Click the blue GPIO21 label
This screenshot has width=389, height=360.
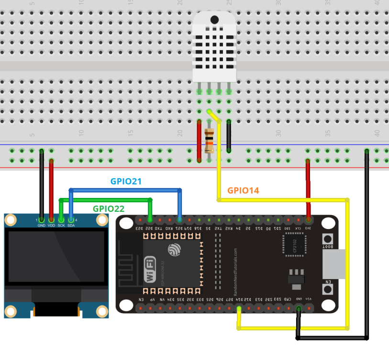click(x=126, y=182)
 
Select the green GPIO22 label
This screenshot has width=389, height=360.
click(x=109, y=208)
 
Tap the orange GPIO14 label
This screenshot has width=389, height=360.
click(x=243, y=190)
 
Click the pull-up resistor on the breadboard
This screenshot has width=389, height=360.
click(x=209, y=141)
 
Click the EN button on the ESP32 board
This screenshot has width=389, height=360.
click(x=328, y=290)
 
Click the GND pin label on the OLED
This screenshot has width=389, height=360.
click(x=42, y=226)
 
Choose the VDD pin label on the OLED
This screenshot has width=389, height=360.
click(x=51, y=226)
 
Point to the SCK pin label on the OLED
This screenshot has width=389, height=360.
click(x=61, y=226)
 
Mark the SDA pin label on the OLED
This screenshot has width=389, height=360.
click(x=71, y=226)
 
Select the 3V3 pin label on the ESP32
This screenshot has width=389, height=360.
click(x=308, y=228)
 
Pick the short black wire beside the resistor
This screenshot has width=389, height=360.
click(x=229, y=136)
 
